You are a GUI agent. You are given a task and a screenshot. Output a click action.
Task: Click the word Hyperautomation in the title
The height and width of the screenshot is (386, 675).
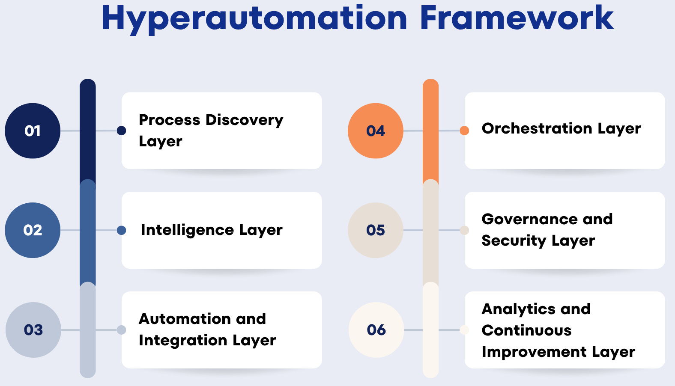coord(254,19)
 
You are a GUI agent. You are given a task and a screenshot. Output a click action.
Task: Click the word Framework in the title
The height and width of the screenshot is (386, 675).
coord(517,18)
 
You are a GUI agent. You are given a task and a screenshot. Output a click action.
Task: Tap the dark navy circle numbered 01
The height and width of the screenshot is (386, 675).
coord(33,131)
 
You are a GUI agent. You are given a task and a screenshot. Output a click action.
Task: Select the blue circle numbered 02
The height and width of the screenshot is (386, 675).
coord(33,230)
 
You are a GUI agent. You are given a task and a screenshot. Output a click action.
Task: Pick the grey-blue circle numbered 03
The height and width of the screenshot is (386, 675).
coord(33,330)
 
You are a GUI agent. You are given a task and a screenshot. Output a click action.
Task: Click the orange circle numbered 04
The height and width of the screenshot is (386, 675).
coord(376,131)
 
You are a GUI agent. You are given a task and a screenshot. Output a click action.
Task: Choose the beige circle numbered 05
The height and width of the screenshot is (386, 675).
coord(376,230)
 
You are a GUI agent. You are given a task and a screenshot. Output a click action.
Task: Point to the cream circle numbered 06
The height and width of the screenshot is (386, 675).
coord(376,330)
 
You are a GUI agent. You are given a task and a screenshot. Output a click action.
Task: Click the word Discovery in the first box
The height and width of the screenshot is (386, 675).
coord(245,120)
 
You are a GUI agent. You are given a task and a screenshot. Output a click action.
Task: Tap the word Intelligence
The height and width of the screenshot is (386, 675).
coord(187,230)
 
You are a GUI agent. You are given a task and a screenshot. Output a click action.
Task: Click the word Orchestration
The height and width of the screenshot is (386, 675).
coord(537,128)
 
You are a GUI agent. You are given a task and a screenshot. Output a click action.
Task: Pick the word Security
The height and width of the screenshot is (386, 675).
coord(514,241)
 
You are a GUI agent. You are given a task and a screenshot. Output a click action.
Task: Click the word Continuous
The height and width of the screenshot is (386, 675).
coord(526,330)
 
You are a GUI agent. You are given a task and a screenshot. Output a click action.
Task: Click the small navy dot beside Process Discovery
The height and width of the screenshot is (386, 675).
coord(122,131)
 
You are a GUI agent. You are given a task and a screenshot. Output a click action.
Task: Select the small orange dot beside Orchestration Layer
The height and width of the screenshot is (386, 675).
coord(464,131)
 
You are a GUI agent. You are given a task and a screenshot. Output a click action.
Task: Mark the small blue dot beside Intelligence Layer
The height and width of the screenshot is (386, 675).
coord(122,230)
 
